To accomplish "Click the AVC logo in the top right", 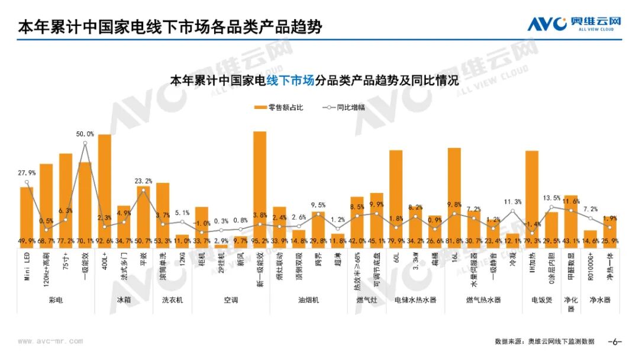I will click(x=574, y=24).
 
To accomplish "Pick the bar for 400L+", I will click(x=105, y=190).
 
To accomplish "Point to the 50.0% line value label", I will click(x=85, y=134).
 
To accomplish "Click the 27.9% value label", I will click(x=27, y=173).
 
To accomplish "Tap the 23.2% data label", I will click(x=143, y=181).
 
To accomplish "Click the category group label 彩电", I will click(x=56, y=300).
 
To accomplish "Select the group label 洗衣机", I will click(x=172, y=300).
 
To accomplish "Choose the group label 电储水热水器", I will click(x=415, y=300).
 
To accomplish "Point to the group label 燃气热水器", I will click(x=483, y=300).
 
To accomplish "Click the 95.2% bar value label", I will click(x=260, y=241).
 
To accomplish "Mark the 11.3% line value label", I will click(x=512, y=202).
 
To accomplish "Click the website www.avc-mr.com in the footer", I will click(x=50, y=341).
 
